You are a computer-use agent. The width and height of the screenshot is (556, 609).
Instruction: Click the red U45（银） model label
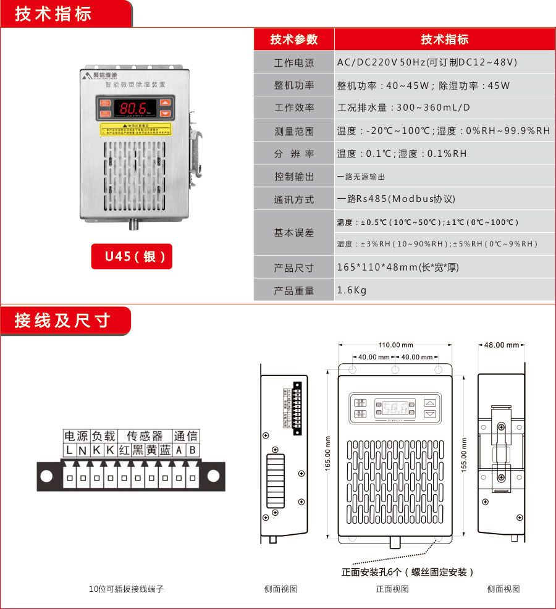click(x=132, y=256)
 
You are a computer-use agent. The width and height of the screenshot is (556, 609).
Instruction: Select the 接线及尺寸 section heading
click(x=62, y=321)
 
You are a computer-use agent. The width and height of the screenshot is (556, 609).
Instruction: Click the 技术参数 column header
click(x=294, y=40)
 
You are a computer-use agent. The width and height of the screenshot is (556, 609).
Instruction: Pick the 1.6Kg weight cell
click(x=352, y=290)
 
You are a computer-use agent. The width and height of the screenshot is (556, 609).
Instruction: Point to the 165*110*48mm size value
click(x=397, y=267)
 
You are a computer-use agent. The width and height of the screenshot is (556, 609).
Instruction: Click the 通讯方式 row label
click(x=294, y=199)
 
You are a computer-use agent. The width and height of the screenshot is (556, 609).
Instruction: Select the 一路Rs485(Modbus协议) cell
click(x=396, y=199)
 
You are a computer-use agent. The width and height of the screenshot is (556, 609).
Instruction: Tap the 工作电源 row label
click(x=294, y=63)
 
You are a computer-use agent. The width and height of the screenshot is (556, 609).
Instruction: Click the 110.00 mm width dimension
click(x=395, y=345)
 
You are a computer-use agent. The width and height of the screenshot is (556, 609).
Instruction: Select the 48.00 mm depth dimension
click(x=501, y=345)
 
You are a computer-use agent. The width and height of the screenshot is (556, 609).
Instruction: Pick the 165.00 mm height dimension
click(x=328, y=454)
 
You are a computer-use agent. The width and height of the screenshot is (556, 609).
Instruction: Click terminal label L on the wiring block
click(x=70, y=451)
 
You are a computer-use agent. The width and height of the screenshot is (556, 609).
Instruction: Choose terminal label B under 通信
click(x=192, y=451)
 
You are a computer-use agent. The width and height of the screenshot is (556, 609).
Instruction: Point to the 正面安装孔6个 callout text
click(x=408, y=572)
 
